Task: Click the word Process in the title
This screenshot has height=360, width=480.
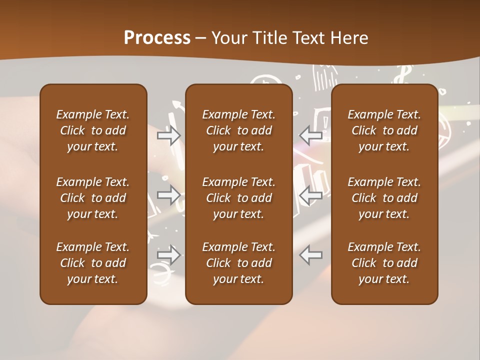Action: tap(157, 37)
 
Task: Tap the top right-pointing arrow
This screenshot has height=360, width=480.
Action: tap(169, 135)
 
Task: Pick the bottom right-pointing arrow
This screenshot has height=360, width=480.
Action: tap(169, 255)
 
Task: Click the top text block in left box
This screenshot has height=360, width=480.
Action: tap(93, 130)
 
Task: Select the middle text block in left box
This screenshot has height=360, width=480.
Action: tap(93, 198)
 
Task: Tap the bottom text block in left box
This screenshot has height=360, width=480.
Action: tap(93, 263)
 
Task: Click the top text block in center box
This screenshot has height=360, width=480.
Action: tap(239, 130)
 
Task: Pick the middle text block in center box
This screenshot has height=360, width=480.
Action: tap(239, 198)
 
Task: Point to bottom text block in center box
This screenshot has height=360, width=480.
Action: tap(239, 263)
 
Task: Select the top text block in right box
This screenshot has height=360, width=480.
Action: tap(384, 130)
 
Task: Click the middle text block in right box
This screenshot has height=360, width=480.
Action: tap(384, 198)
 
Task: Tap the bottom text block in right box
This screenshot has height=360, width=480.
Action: tap(384, 263)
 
